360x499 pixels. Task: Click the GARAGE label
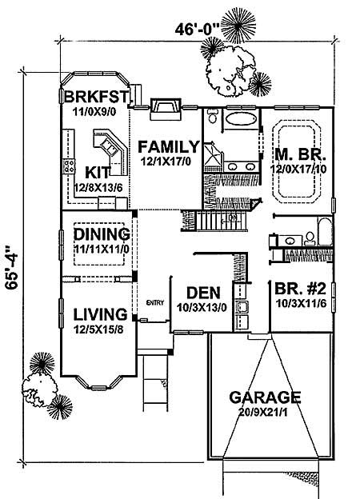[263, 397]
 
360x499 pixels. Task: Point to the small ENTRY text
[154, 302]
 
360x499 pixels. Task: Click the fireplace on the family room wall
[164, 107]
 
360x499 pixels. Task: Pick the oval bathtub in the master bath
[238, 122]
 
